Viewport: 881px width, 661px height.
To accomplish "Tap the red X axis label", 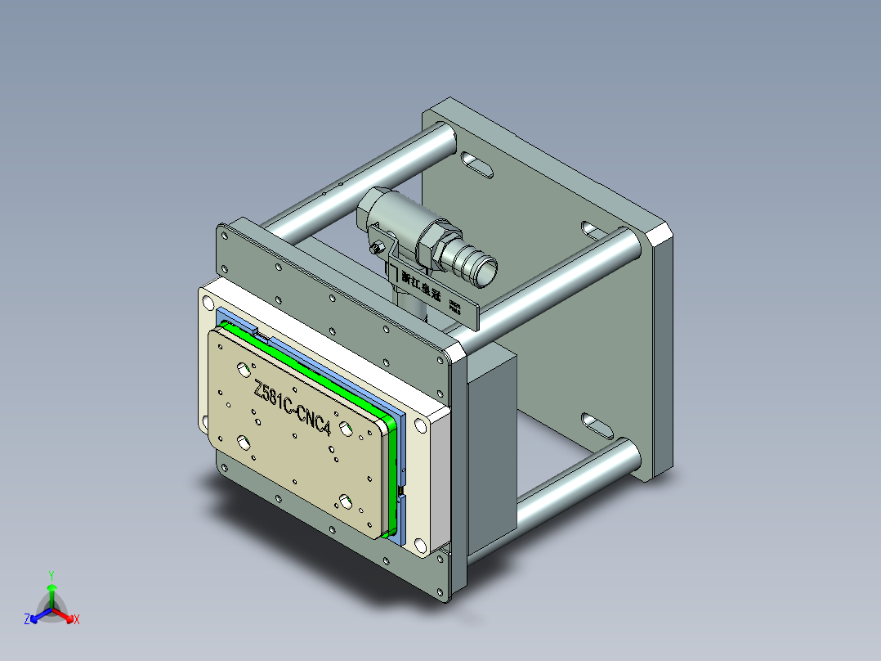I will click(x=77, y=620).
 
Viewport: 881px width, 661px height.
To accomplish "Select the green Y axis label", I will click(x=51, y=574).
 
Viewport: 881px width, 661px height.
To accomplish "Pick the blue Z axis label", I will click(x=27, y=620).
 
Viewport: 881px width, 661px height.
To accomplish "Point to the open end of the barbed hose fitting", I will click(x=485, y=270).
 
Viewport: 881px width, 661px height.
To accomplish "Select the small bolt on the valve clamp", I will click(x=377, y=246).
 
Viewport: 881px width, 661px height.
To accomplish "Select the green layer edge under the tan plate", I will click(x=395, y=474).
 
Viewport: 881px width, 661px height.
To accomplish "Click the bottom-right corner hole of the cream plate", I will click(x=419, y=545).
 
